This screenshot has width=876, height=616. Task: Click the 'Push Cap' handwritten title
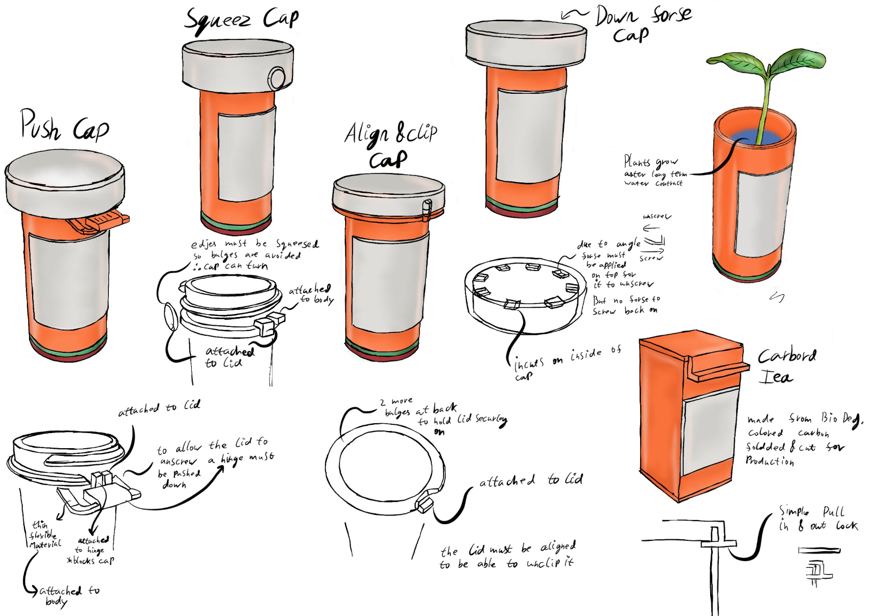click(63, 126)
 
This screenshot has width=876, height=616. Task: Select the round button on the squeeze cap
click(277, 78)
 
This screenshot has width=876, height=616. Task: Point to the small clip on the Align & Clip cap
click(427, 206)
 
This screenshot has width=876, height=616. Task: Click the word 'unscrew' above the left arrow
click(656, 217)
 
